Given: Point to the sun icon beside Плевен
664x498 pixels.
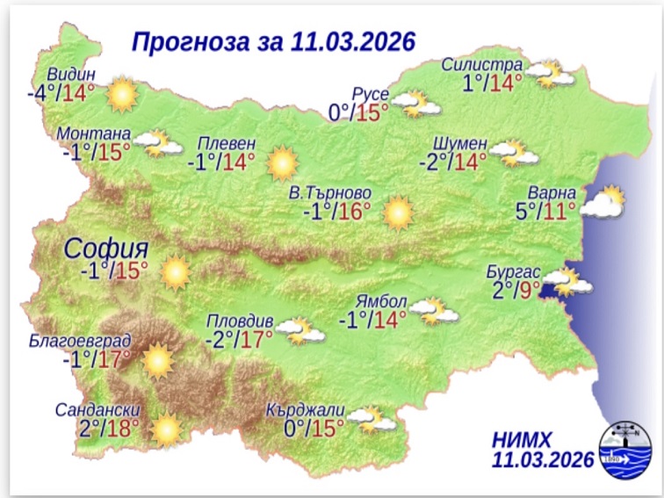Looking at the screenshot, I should coord(283,162).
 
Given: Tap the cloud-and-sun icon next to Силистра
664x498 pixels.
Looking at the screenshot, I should coord(551,76).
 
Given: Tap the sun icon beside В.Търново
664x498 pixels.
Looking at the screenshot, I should coord(398,212).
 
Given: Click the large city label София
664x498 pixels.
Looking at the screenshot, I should coord(105,249).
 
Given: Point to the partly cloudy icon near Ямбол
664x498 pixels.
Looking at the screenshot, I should coord(429,310).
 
